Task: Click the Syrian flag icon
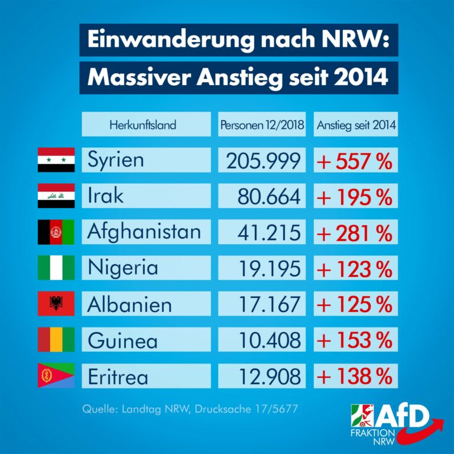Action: click(x=56, y=160)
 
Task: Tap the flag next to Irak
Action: click(x=56, y=196)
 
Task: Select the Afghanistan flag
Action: click(x=56, y=232)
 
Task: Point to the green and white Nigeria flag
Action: click(x=56, y=268)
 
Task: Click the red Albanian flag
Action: click(x=56, y=304)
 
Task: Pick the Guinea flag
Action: click(x=56, y=340)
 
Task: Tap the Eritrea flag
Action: click(x=56, y=376)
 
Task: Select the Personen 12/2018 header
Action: click(x=262, y=125)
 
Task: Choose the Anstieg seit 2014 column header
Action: click(x=356, y=125)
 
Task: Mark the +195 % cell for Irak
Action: click(x=356, y=196)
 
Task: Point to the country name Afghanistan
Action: click(x=144, y=232)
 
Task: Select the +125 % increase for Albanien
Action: click(x=356, y=304)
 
